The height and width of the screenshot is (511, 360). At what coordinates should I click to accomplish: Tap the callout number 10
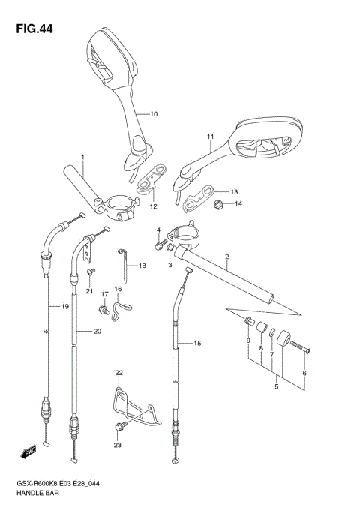pyautogui.click(x=154, y=114)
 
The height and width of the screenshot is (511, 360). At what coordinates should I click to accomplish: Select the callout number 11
pyautogui.click(x=211, y=137)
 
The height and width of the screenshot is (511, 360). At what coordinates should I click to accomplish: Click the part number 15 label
pyautogui.click(x=198, y=344)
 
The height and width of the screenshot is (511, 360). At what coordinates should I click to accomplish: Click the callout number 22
pyautogui.click(x=118, y=373)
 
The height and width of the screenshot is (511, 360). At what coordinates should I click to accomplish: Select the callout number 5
pyautogui.click(x=276, y=387)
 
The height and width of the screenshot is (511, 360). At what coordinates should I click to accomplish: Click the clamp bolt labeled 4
pyautogui.click(x=160, y=242)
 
